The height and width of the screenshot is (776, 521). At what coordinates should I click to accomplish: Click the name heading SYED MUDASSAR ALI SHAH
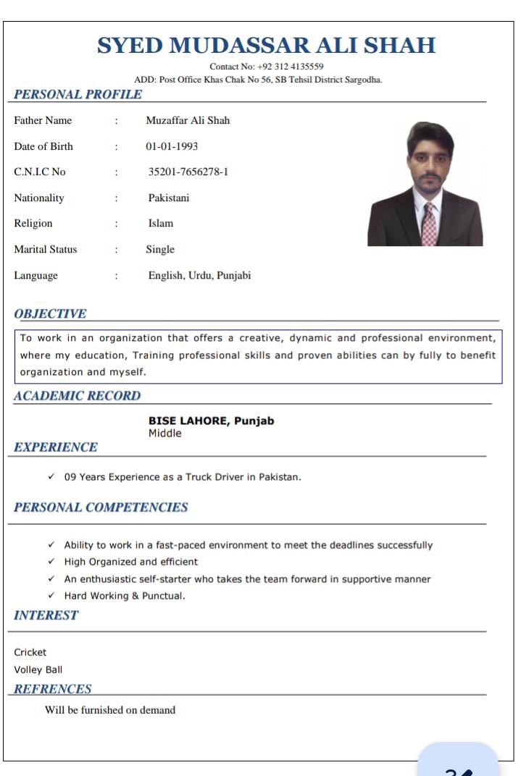click(x=267, y=46)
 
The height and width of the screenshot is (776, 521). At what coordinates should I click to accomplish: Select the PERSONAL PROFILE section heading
click(x=78, y=93)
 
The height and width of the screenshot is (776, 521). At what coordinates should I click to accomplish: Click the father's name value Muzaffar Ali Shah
click(x=188, y=120)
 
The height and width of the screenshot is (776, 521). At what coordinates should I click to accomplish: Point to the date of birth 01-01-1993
click(x=172, y=146)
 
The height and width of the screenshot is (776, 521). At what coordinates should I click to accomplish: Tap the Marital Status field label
click(x=46, y=250)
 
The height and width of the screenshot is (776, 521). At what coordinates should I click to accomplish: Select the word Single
click(x=160, y=250)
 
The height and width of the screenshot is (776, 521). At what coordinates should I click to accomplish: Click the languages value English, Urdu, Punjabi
click(x=199, y=275)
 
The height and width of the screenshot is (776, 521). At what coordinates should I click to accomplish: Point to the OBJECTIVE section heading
click(x=51, y=313)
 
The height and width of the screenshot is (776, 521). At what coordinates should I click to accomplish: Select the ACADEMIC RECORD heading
click(x=78, y=396)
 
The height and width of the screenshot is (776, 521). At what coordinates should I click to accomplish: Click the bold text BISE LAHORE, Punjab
click(x=211, y=421)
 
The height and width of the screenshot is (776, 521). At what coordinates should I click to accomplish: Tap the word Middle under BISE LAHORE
click(x=164, y=433)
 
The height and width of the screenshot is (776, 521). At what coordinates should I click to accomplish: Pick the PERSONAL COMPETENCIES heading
click(x=100, y=506)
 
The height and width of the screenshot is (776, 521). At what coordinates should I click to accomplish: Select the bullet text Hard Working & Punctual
click(x=125, y=596)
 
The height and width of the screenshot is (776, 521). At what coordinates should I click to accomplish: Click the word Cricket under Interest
click(x=30, y=651)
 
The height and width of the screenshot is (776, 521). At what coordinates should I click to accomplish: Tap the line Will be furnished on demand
click(x=110, y=710)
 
